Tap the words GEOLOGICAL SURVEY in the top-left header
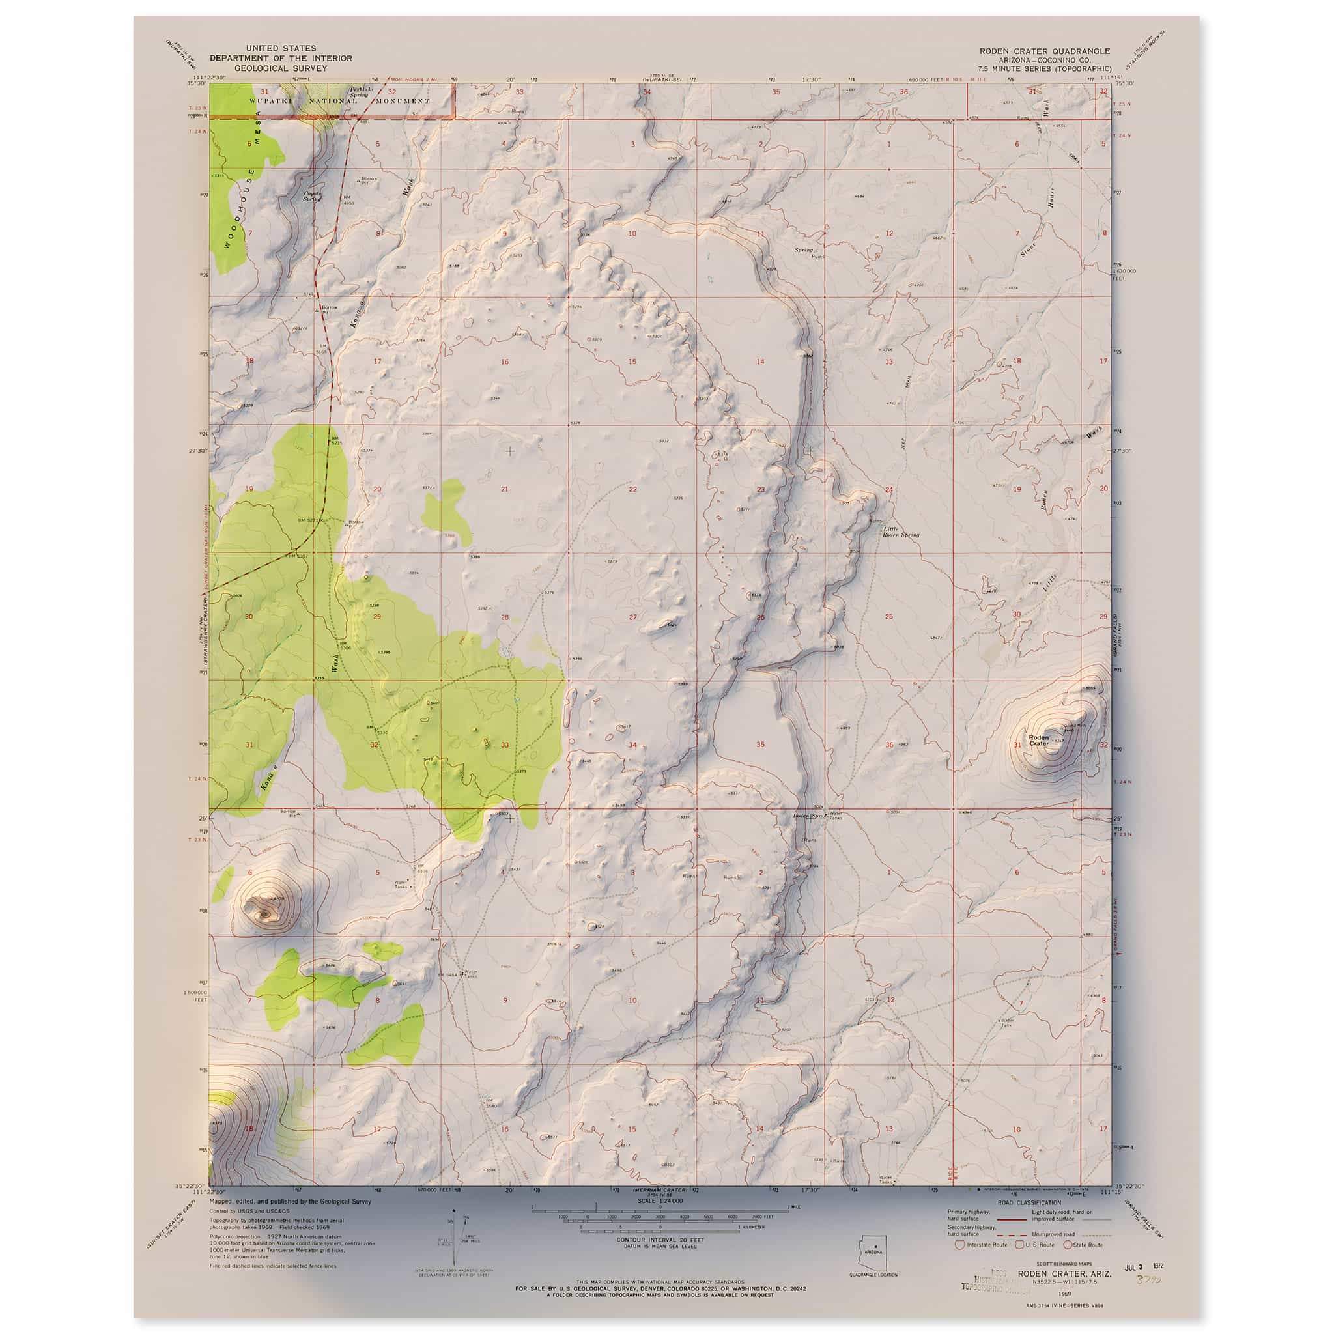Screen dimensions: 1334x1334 coord(280,68)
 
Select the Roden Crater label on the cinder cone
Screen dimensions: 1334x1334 coord(1038,741)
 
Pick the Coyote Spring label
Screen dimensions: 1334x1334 coord(313,196)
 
